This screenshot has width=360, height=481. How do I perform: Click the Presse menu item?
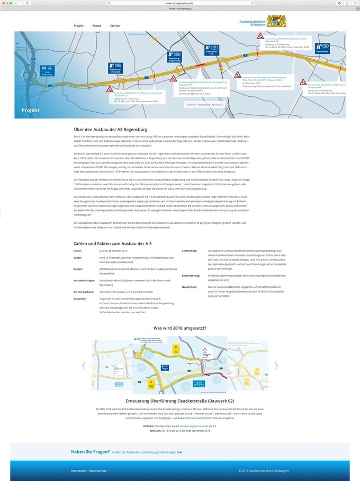(x=97, y=25)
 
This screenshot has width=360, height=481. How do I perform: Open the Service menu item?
(x=115, y=25)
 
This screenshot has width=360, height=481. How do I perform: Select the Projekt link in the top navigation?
(x=79, y=25)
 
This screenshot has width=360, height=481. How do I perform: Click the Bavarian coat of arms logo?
(x=276, y=22)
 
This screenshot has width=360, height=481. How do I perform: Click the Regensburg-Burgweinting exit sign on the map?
(x=174, y=56)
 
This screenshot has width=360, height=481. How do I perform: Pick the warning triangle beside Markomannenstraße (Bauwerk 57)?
(x=109, y=89)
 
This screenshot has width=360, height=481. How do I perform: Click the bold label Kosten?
(x=78, y=269)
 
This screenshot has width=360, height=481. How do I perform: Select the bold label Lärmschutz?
(x=190, y=250)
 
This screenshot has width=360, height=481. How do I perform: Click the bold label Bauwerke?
(x=80, y=298)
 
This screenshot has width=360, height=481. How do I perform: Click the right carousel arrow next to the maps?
(x=276, y=365)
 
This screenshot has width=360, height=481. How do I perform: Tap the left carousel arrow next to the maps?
(x=83, y=365)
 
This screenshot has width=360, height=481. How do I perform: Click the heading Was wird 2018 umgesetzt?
(x=179, y=328)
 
